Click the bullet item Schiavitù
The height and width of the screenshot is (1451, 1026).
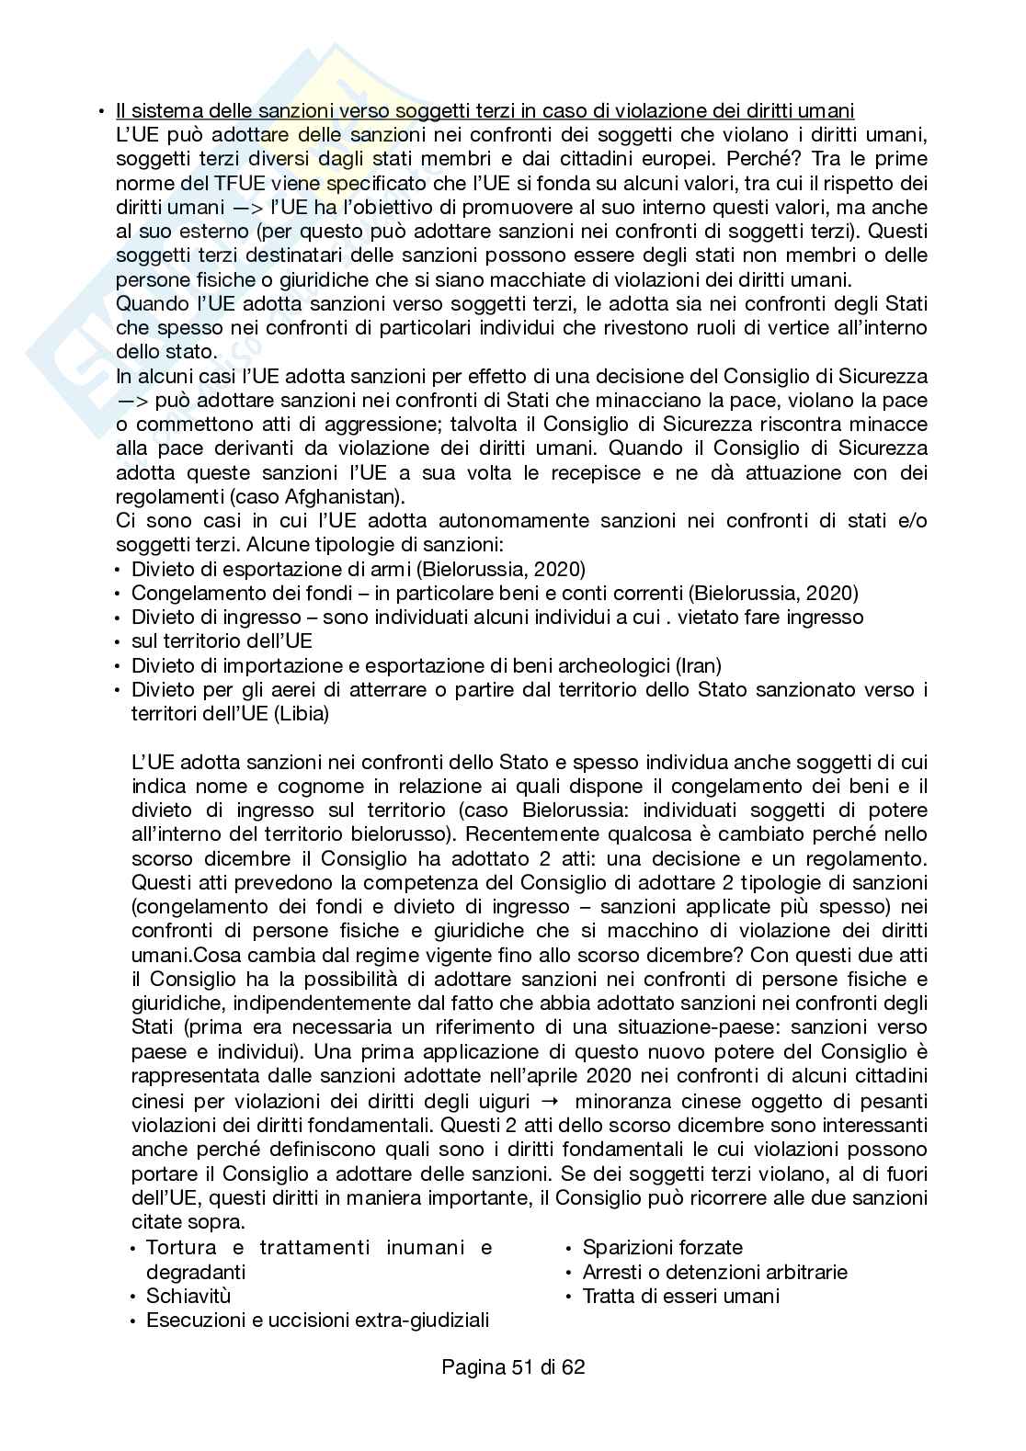click(188, 1297)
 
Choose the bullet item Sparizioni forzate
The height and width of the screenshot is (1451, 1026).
click(662, 1248)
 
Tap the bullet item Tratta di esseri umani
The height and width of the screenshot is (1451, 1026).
click(680, 1297)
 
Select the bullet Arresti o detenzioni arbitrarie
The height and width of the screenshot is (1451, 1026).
click(714, 1273)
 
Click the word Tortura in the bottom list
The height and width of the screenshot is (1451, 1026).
click(181, 1248)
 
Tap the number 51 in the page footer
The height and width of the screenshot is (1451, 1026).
click(521, 1367)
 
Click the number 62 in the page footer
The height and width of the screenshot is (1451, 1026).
click(573, 1367)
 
